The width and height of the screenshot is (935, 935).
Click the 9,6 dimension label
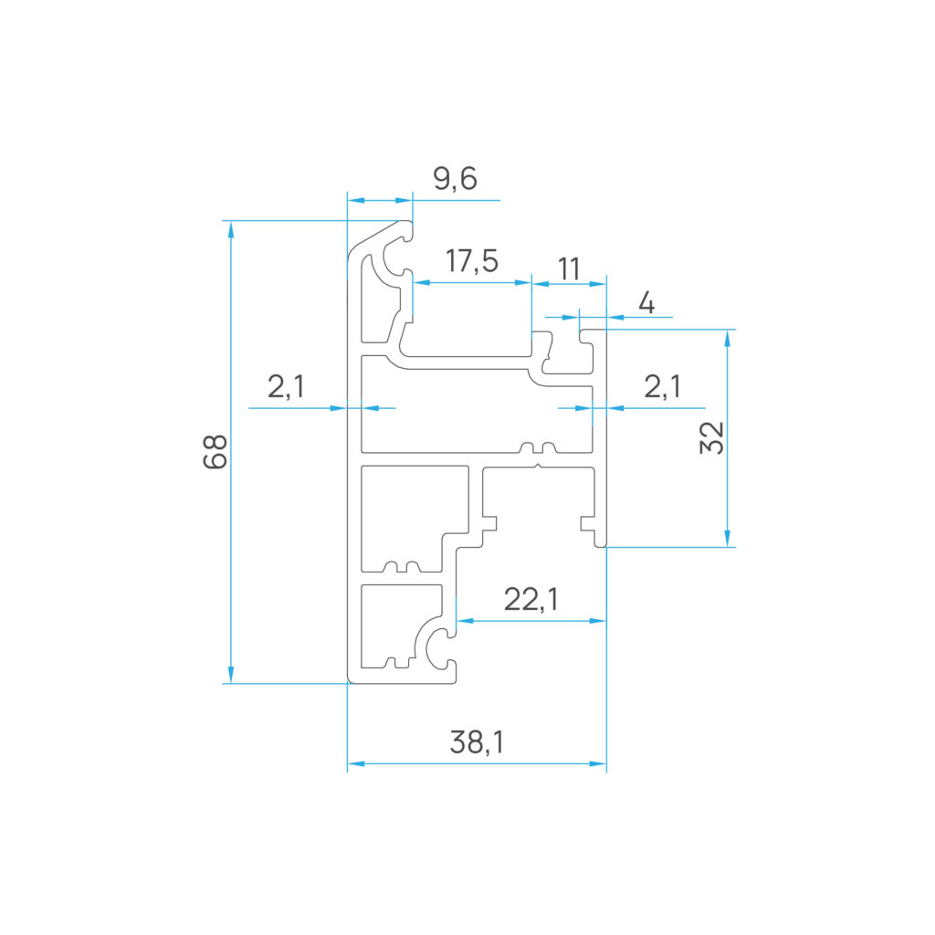pyautogui.click(x=455, y=178)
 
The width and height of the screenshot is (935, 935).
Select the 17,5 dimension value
pyautogui.click(x=472, y=260)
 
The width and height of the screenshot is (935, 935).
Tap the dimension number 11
pyautogui.click(x=569, y=269)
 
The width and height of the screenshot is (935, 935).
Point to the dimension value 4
pyautogui.click(x=646, y=303)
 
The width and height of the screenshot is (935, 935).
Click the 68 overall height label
pyautogui.click(x=215, y=451)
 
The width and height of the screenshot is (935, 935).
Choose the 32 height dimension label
pyautogui.click(x=712, y=437)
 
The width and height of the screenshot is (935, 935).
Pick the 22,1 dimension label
pyautogui.click(x=531, y=599)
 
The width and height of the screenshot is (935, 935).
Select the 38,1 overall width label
pyautogui.click(x=477, y=741)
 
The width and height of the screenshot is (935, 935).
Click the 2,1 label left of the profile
pyautogui.click(x=286, y=386)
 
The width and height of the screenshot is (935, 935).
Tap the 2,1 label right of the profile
pyautogui.click(x=663, y=386)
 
